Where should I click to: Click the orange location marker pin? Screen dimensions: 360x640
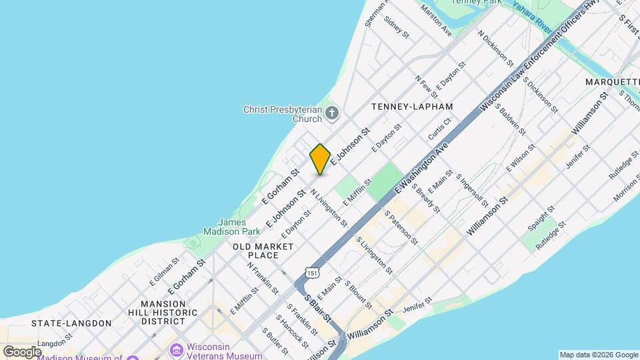320,159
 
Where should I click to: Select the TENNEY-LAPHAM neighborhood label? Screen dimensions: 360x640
412,107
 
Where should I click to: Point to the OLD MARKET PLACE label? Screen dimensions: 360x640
263,251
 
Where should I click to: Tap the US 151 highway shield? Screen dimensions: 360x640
313,271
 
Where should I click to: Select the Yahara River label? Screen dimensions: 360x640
532,17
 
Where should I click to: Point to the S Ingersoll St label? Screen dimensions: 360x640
472,190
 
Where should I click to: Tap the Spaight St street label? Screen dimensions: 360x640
541,218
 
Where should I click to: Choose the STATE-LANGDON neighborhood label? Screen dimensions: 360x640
71,323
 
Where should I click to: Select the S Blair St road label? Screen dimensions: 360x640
318,307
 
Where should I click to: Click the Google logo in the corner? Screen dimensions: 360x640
21,351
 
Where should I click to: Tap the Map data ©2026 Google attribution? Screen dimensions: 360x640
598,355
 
